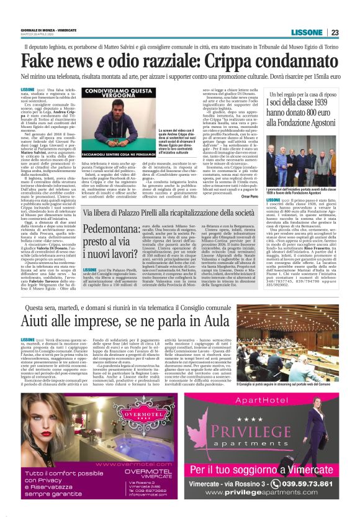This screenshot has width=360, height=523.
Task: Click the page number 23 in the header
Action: tap(334, 32)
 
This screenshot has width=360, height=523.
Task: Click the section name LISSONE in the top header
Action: tap(307, 32)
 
